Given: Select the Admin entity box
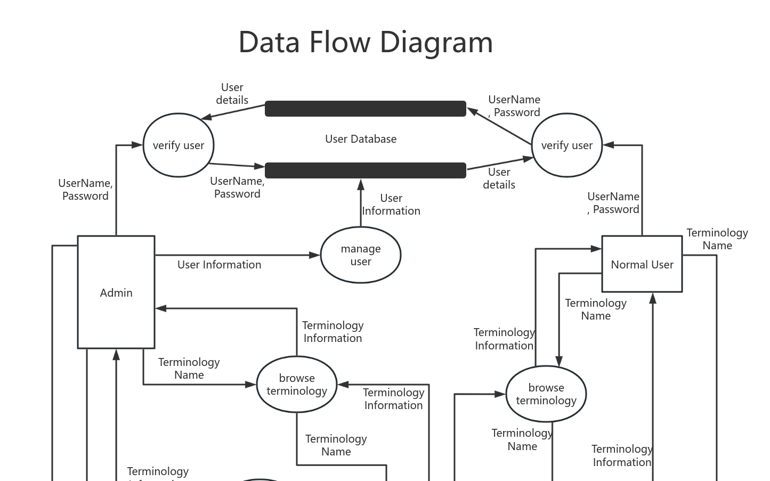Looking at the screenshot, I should point(116,292).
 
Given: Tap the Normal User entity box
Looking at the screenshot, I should point(642,264).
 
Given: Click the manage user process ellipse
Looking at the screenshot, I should point(360,255).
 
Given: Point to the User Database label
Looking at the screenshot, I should point(361,139).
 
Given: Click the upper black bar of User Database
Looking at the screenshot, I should point(365,109).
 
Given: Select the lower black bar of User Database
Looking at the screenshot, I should point(365,170).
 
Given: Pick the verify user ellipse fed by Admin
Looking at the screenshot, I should point(178,145).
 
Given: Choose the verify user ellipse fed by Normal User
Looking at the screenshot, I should point(566,145).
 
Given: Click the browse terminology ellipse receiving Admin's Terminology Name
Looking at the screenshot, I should point(297,384).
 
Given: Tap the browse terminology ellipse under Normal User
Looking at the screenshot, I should point(546,394).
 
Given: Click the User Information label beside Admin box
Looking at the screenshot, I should point(219,265).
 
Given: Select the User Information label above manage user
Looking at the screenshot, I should point(391,205).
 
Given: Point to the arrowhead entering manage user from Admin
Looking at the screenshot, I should point(315,255).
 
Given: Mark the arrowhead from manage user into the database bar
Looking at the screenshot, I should point(361,185).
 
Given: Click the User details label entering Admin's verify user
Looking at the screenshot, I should point(232,94).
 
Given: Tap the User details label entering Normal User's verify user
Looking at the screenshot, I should point(499,178).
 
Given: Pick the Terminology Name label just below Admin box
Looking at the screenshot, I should point(189,369).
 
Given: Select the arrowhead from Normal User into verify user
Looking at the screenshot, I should point(609,145).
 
